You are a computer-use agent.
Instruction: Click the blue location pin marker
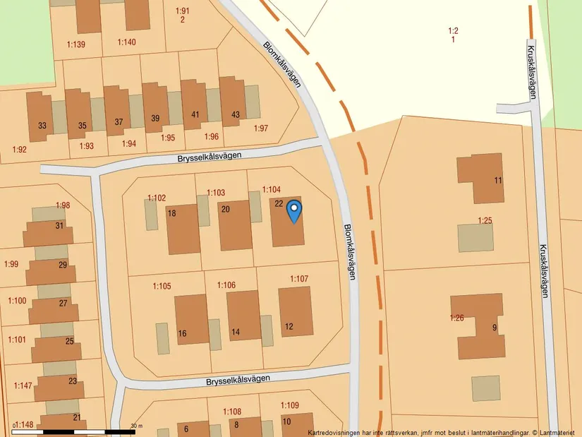click(293, 210)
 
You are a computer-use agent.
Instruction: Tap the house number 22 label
click(279, 204)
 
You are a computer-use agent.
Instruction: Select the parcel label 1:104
click(272, 190)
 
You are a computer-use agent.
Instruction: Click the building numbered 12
click(296, 311)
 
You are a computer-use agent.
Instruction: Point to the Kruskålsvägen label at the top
click(531, 73)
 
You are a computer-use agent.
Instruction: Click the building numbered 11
click(480, 178)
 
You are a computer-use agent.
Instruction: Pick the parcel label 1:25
click(485, 221)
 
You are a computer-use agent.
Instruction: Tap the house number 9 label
click(495, 328)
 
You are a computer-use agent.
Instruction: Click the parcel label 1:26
click(457, 318)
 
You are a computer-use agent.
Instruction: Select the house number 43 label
click(236, 115)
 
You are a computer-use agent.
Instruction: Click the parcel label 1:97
click(261, 128)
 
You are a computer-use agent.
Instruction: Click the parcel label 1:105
click(162, 286)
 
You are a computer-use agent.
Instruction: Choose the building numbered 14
click(243, 315)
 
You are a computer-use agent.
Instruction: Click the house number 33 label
click(42, 126)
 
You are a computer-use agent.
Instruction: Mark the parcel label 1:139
click(76, 45)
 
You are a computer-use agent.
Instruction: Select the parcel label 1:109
click(290, 405)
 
